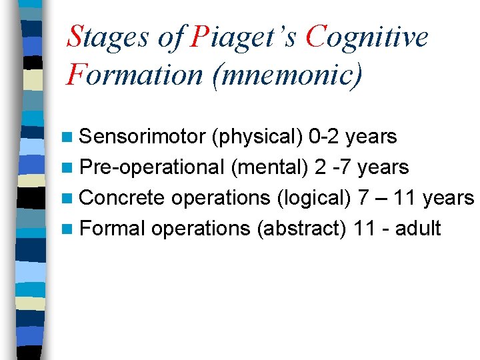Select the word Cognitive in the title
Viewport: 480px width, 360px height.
[367, 37]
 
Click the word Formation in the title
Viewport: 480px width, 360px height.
[134, 73]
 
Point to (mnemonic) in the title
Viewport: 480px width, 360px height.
[287, 73]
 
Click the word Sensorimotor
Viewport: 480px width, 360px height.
[142, 137]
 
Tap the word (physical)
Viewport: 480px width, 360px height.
[257, 137]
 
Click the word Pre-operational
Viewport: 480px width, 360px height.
[151, 167]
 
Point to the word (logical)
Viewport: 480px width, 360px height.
[313, 198]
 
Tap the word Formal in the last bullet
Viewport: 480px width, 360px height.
[112, 229]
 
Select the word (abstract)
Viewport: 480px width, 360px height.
[301, 229]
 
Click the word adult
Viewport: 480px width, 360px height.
[418, 229]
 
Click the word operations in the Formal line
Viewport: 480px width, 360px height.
[200, 229]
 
